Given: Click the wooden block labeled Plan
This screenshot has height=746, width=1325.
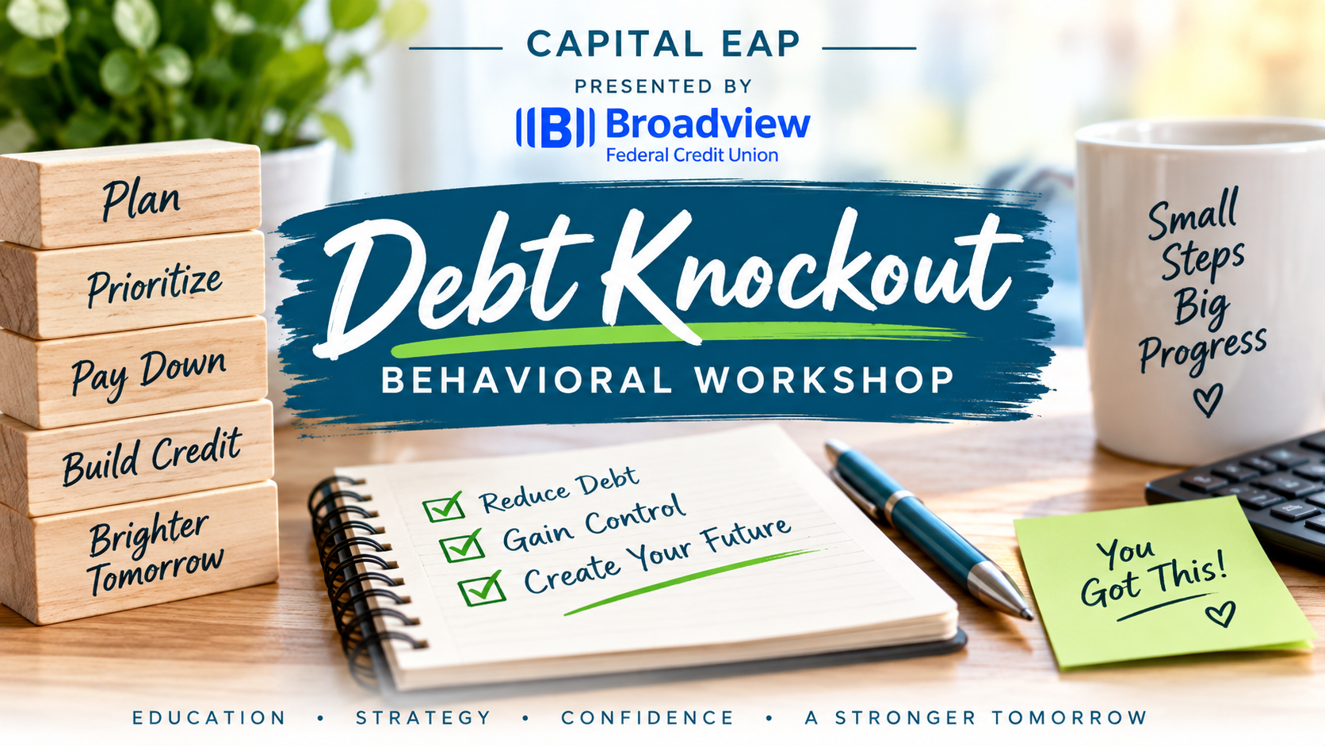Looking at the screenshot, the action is [x=130, y=193].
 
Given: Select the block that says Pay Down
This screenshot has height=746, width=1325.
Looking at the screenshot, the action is [x=133, y=372].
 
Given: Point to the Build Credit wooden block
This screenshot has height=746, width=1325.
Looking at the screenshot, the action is [x=136, y=457].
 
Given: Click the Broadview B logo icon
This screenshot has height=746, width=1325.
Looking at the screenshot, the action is [x=555, y=127].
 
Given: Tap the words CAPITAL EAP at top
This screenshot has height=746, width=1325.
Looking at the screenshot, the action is [x=663, y=44].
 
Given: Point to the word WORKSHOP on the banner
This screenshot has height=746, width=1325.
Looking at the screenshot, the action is [x=824, y=380].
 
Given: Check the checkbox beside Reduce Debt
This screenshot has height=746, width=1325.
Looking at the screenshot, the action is [x=444, y=507].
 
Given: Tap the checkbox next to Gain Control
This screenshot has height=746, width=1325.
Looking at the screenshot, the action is [x=462, y=545].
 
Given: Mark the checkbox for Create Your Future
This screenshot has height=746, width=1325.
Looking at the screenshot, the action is [x=482, y=587].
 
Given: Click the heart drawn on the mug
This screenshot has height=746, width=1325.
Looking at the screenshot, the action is [x=1207, y=400].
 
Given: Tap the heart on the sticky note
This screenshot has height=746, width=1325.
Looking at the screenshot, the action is [x=1221, y=614].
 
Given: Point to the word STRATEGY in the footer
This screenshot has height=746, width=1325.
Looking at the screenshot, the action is [x=423, y=717].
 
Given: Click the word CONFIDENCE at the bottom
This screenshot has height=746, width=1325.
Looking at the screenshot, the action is [x=647, y=717].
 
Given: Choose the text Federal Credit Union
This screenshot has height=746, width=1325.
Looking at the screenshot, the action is [x=692, y=155].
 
